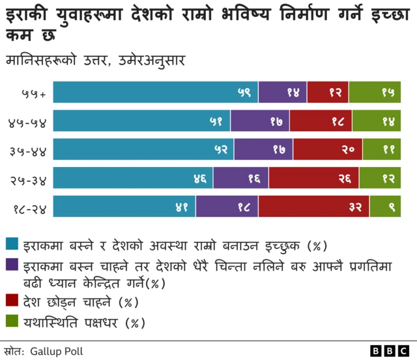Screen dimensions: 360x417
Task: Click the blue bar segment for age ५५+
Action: [x=155, y=93]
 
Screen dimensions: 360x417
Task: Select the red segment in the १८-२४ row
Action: [x=313, y=207]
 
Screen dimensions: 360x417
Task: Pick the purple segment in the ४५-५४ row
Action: [x=260, y=121]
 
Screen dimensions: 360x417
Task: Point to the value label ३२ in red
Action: [x=354, y=207]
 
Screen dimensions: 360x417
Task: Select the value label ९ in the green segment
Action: [x=390, y=207]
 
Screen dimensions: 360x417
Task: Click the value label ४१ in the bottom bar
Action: [x=182, y=207]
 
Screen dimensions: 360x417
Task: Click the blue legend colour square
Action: [x=12, y=245]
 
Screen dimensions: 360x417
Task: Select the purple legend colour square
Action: [x=12, y=265]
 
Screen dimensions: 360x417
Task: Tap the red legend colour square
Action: [x=12, y=301]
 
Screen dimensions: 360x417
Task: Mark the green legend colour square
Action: [x=12, y=321]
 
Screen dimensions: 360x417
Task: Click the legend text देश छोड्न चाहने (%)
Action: [x=81, y=302]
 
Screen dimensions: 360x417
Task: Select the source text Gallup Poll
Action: [x=56, y=351]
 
